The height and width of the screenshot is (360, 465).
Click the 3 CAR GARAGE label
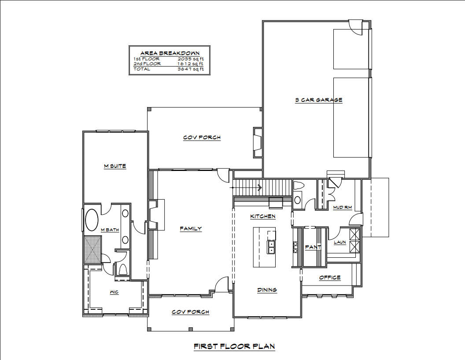(x=318, y=100)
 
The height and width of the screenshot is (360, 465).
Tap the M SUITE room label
(x=115, y=166)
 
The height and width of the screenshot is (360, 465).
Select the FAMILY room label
(x=191, y=229)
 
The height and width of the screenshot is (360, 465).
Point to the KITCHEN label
(x=263, y=216)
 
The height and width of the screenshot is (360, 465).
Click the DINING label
(x=267, y=289)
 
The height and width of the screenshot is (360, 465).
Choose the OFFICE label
(x=330, y=278)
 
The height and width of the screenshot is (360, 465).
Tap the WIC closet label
(x=114, y=292)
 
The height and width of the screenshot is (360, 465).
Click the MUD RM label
(x=343, y=208)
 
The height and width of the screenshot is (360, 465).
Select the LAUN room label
(x=340, y=242)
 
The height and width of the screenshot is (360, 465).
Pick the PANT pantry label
(x=313, y=247)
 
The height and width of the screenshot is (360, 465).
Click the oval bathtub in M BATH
(x=92, y=220)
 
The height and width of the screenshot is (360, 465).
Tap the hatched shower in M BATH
(x=93, y=249)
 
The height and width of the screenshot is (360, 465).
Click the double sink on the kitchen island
(x=271, y=247)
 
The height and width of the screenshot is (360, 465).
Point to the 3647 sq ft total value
(x=191, y=69)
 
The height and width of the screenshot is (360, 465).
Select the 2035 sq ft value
(x=191, y=59)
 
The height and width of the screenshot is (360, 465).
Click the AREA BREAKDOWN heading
(x=170, y=53)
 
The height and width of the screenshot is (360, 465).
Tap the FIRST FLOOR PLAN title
(x=234, y=346)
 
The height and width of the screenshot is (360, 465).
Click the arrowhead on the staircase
(x=260, y=188)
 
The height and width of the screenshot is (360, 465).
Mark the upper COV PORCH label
(x=202, y=137)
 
